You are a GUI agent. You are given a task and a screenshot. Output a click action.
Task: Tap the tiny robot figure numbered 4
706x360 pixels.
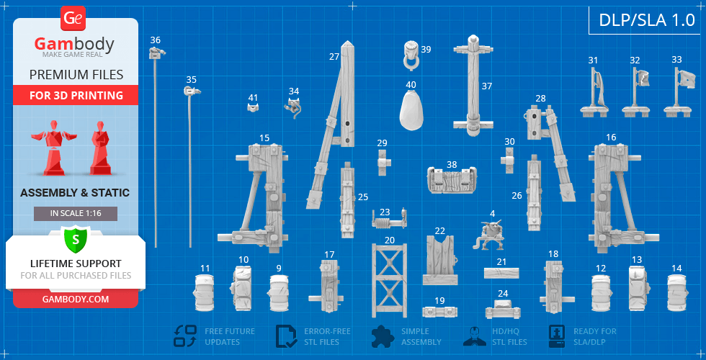click(493, 233)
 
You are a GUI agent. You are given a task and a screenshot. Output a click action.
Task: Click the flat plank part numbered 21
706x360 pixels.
click(501, 274)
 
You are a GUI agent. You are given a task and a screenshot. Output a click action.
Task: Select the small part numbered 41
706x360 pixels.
click(253, 108)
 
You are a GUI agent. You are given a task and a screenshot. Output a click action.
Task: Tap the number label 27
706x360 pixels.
click(334, 56)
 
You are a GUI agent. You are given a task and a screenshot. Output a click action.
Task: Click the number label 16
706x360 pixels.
click(611, 138)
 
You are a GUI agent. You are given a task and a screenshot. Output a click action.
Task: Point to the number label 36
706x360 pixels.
click(155, 40)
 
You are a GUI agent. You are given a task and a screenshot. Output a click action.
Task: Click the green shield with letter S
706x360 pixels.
click(75, 238)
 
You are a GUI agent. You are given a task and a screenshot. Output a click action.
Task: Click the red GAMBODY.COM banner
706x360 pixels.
click(75, 299)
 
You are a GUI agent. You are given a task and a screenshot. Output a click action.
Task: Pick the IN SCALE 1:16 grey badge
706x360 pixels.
click(75, 214)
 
